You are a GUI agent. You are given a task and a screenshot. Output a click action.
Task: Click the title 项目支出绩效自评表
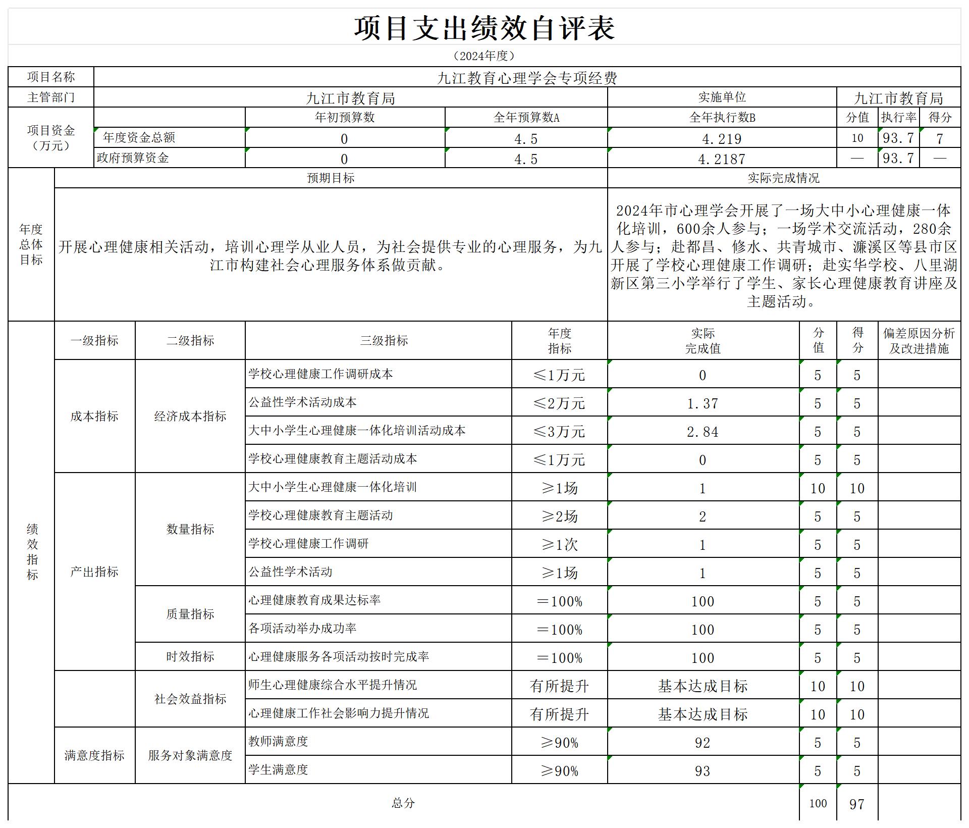[484, 28]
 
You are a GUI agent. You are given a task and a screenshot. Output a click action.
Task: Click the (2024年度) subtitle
[484, 56]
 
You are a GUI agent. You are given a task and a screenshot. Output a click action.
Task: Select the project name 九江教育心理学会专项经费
[527, 78]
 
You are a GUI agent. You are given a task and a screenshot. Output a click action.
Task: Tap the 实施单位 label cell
[722, 97]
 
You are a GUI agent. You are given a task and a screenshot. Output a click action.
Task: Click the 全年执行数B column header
[722, 118]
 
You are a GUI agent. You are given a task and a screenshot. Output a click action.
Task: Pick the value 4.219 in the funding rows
[722, 139]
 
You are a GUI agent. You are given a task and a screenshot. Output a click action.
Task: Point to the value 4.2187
[722, 159]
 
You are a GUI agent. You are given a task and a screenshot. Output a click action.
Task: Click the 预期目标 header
[331, 178]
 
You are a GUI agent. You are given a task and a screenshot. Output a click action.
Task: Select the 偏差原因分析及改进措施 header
[919, 341]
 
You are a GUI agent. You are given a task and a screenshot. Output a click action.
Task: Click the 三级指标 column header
[384, 341]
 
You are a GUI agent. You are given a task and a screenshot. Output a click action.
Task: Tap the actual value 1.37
[703, 403]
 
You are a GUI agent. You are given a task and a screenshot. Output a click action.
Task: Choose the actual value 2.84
[703, 432]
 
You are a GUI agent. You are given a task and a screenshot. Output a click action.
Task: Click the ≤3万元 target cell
[559, 432]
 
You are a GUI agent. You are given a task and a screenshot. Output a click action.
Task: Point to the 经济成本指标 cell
[190, 417]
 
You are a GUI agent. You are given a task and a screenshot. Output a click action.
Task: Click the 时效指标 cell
[190, 657]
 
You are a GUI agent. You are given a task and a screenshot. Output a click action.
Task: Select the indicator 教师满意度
[278, 742]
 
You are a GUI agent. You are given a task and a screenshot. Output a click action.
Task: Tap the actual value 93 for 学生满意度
[703, 771]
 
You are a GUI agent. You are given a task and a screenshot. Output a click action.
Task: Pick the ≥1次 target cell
[559, 545]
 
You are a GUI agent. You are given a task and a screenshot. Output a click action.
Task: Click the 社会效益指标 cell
[190, 699]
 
